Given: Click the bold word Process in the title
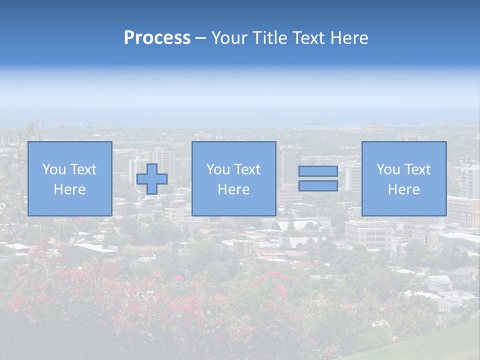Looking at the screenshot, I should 157,38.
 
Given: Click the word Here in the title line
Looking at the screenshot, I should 349,38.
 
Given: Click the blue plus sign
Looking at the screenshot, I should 152,179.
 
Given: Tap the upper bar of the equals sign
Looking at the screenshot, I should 318,171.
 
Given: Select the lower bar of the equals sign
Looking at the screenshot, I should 318,186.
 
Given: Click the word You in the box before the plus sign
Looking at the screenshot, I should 54,169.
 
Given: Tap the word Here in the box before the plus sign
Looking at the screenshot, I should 69,189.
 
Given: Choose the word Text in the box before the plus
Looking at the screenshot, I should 82,169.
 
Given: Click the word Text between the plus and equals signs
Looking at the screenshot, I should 246,169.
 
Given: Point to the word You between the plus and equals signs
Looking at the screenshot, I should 218,169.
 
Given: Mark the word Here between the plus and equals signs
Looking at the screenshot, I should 233,189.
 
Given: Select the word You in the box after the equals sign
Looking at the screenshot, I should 388,169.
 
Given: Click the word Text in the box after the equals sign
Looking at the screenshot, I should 416,169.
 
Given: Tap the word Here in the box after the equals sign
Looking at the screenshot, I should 403,189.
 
